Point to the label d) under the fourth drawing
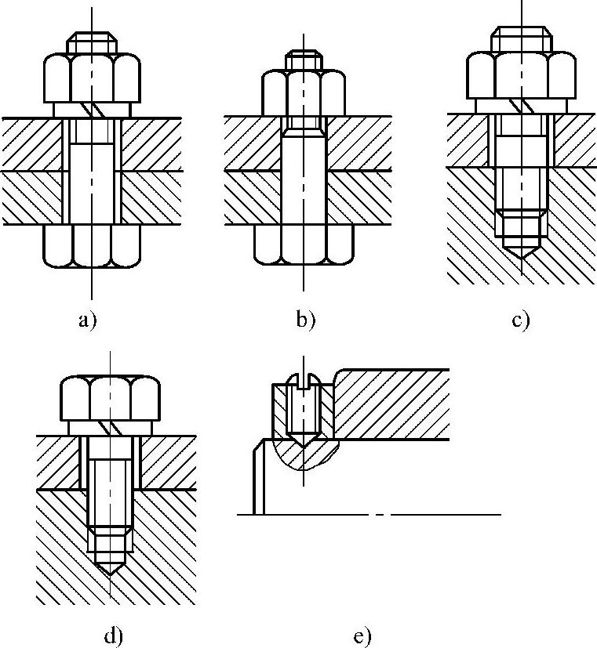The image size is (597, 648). [x=113, y=635]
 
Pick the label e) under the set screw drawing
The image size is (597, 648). [x=362, y=635]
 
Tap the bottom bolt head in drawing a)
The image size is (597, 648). [x=92, y=244]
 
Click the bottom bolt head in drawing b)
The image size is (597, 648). [x=304, y=245]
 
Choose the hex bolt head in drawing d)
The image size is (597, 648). [x=111, y=398]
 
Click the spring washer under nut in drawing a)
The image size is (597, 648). [x=92, y=110]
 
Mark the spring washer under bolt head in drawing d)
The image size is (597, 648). [x=111, y=428]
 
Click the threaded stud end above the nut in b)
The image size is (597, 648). [x=304, y=59]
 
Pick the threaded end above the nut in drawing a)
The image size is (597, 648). [x=92, y=42]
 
